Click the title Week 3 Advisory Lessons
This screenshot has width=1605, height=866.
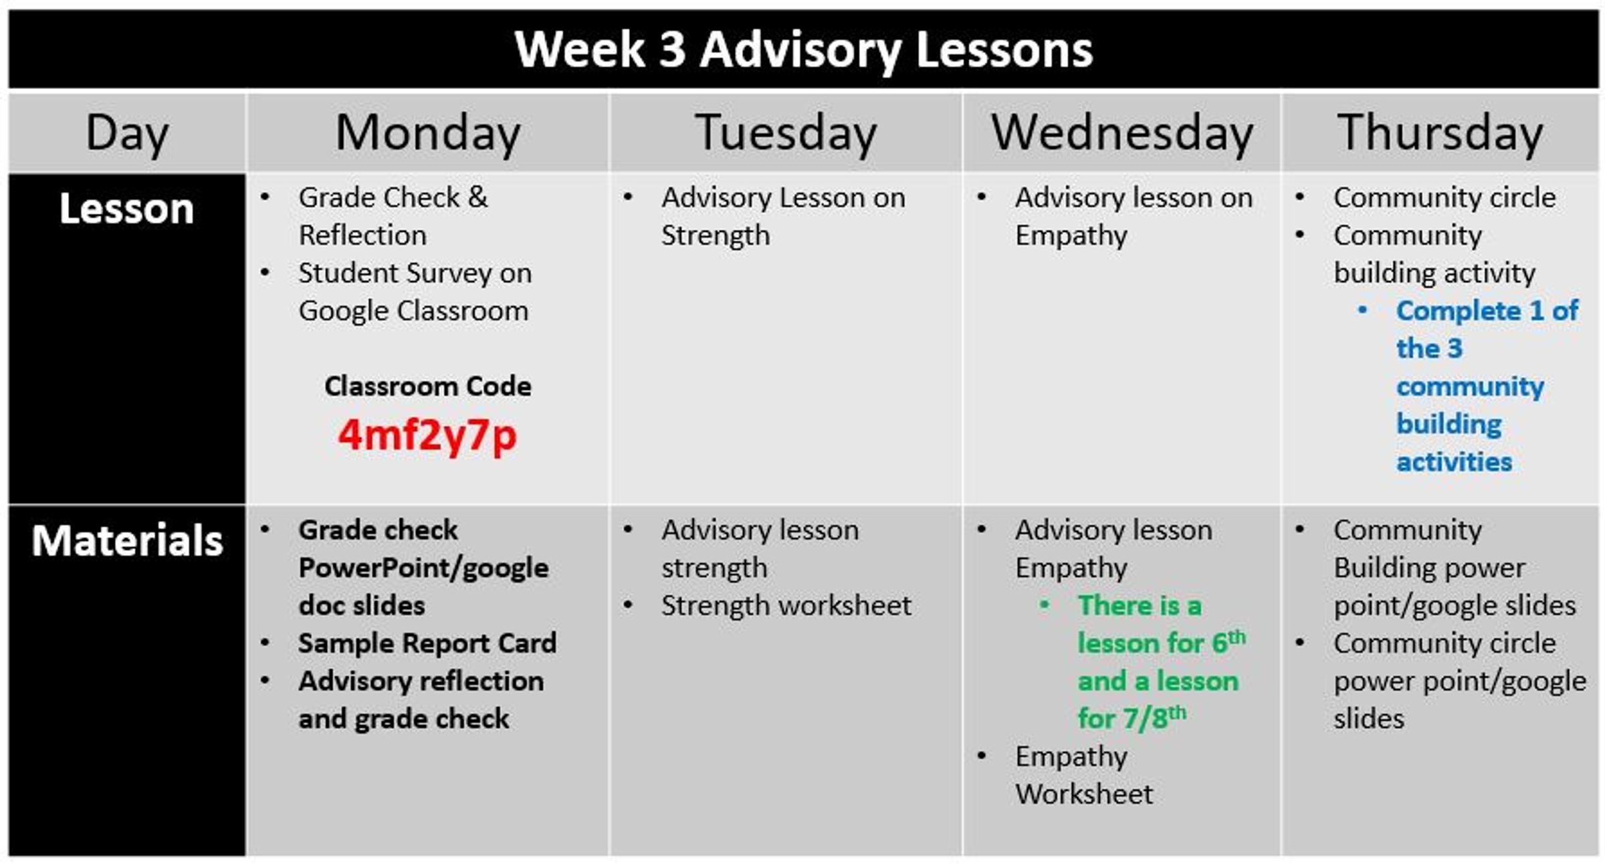point(803,50)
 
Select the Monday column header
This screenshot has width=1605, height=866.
point(428,133)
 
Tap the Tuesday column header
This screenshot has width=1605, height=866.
point(786,133)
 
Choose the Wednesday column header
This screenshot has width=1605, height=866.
point(1121,132)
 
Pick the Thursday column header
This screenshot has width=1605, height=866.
point(1440,133)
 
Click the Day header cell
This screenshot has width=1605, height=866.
point(127,134)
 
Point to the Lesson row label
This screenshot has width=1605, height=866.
point(126,209)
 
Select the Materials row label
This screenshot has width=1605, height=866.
point(127,540)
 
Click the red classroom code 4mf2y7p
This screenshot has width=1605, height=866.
point(427,436)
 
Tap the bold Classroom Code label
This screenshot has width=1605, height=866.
point(428,386)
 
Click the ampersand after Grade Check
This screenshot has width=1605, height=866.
point(477,197)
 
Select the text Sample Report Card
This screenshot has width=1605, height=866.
point(427,643)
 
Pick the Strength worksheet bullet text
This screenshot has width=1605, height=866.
point(786,605)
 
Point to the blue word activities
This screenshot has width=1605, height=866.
point(1454,462)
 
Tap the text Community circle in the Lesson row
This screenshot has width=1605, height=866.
point(1444,197)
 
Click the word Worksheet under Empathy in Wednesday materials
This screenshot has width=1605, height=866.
point(1084,794)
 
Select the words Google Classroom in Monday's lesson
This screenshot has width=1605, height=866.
point(413,311)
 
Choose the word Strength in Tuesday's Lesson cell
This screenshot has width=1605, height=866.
point(716,235)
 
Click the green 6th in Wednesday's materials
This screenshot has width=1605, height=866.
point(1228,642)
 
